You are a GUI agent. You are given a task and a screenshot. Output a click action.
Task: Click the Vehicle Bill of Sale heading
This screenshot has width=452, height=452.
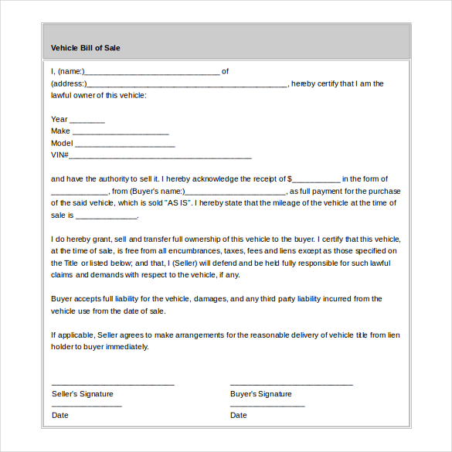[85, 48]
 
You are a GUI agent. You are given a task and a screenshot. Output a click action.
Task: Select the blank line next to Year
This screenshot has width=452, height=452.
[87, 121]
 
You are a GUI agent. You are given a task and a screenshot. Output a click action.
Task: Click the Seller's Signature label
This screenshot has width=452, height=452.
[82, 394]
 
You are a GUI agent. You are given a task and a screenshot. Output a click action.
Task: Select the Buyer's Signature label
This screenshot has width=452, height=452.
[261, 394]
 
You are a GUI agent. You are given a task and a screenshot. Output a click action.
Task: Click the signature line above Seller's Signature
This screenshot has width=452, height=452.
[113, 384]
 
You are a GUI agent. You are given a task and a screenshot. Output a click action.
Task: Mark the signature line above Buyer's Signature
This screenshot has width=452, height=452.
[291, 384]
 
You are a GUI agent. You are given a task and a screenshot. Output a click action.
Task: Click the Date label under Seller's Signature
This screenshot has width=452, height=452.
[60, 416]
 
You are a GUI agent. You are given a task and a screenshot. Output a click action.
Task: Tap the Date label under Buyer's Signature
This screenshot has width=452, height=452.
[239, 416]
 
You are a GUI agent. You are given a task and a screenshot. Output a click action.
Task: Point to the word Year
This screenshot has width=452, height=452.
[59, 120]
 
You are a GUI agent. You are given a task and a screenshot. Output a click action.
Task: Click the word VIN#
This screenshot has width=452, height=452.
[59, 155]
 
